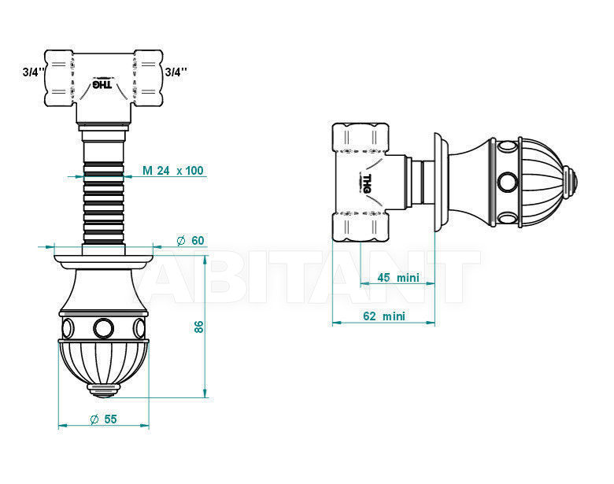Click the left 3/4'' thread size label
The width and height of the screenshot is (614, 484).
(x=32, y=72)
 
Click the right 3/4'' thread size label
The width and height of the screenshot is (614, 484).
(x=176, y=72)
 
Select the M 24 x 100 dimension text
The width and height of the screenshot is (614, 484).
(x=173, y=170)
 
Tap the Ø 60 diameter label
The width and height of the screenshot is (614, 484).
(x=190, y=241)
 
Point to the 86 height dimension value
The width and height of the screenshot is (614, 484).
(x=199, y=327)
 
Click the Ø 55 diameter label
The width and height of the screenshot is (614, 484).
(x=103, y=419)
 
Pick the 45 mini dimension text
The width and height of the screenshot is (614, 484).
(x=398, y=278)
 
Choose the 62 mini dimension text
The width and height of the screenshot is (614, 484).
(x=384, y=316)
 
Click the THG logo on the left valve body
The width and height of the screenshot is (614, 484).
(x=102, y=84)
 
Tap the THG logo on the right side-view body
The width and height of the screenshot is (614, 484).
(x=367, y=183)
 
